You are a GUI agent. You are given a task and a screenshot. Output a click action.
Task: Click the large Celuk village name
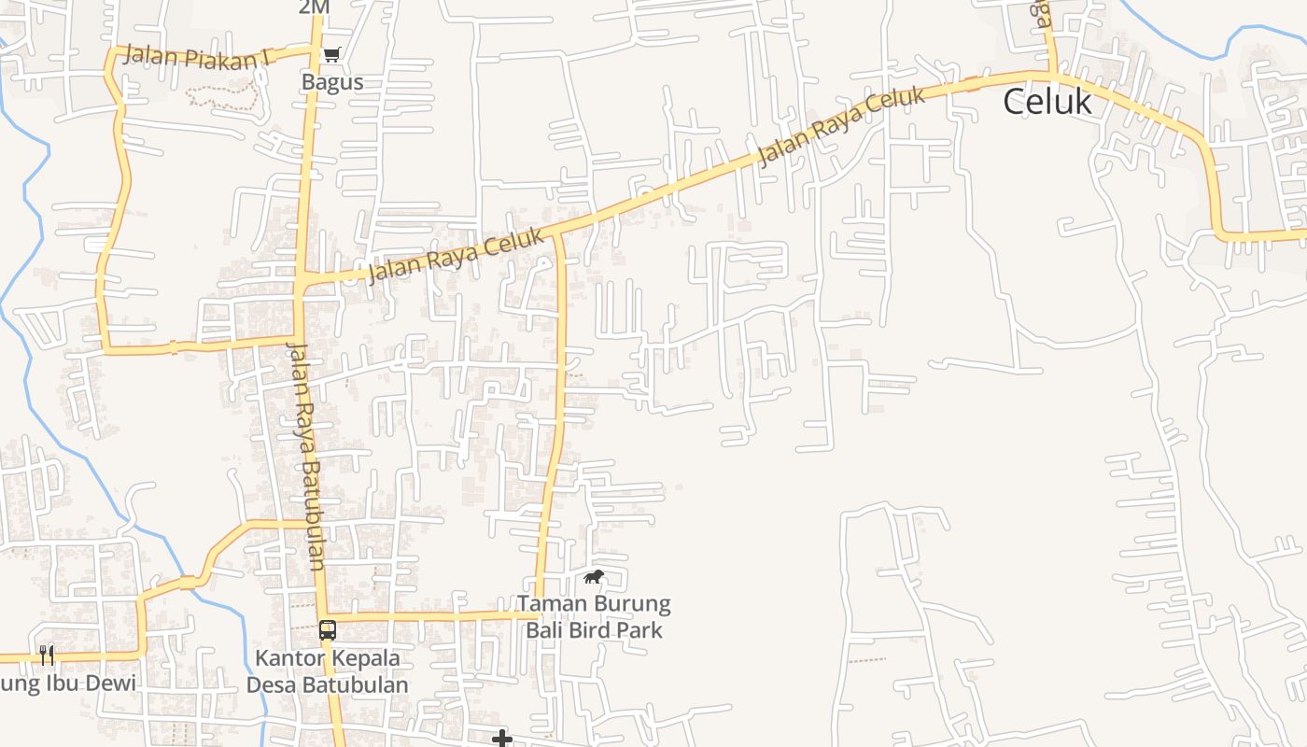point(1047,102)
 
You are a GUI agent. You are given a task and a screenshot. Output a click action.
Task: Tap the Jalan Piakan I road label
point(196,57)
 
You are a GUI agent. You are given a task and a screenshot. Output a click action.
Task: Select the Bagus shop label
point(331,82)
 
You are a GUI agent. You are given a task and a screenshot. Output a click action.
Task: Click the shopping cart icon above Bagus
point(330,55)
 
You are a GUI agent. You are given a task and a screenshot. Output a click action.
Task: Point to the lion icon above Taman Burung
point(593,577)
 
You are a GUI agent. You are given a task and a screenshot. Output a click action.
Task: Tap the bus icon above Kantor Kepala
point(327,630)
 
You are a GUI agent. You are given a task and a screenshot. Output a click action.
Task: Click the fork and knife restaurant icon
point(47,655)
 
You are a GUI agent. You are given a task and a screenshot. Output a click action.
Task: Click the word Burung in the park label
point(630,604)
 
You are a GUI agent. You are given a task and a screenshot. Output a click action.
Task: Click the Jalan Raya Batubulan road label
point(305,457)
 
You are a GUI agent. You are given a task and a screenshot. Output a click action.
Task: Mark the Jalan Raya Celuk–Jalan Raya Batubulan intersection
point(302,279)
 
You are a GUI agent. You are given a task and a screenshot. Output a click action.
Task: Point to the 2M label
point(315,7)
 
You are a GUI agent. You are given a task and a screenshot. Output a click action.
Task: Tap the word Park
point(642,630)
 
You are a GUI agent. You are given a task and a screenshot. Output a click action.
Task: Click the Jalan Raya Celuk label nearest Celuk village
point(841,126)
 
